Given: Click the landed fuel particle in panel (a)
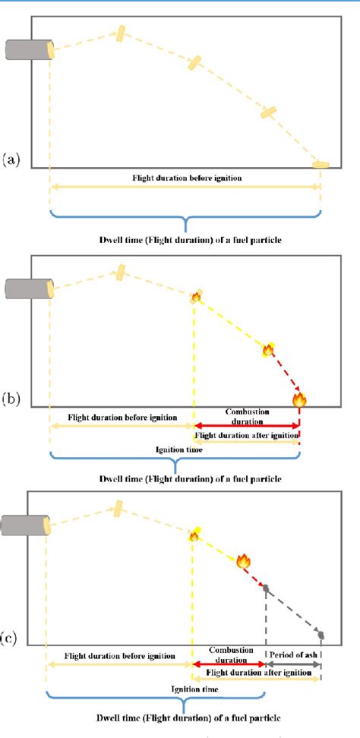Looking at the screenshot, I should (321, 164).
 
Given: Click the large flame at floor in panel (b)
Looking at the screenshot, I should (299, 398).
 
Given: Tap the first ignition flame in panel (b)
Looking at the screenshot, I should (195, 297).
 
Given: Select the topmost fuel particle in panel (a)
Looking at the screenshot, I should (120, 33).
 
